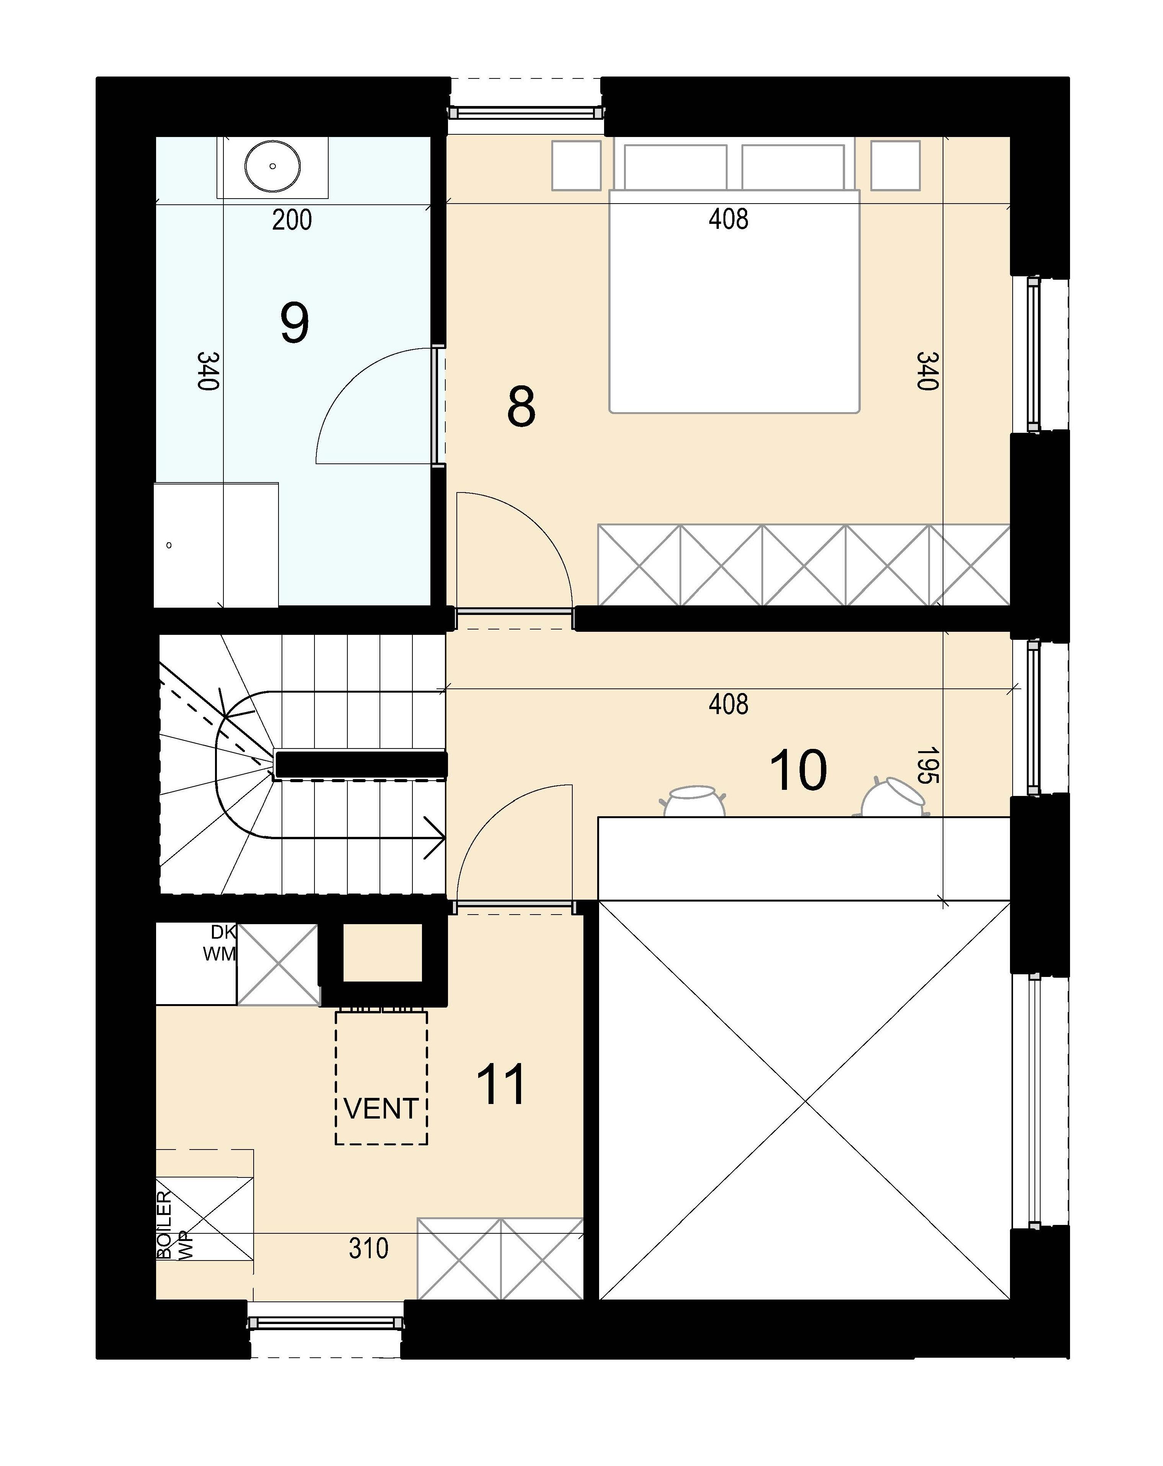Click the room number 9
[x=294, y=324]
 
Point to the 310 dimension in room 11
[x=368, y=1248]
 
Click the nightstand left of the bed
[x=577, y=165]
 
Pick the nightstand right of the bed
[x=895, y=165]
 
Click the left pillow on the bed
[x=675, y=167]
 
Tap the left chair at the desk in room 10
[x=693, y=801]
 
